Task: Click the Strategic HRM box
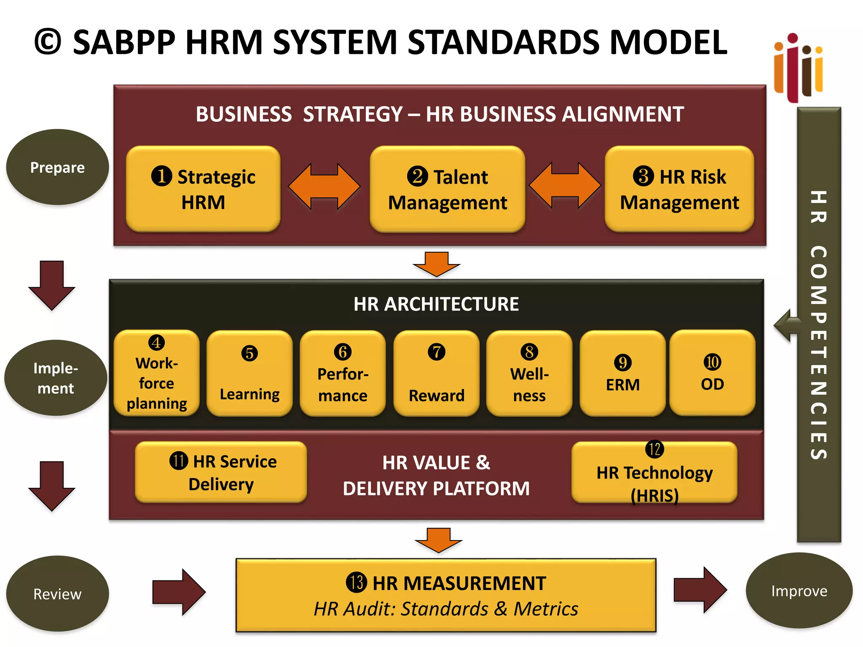[x=203, y=189]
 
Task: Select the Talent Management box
[x=448, y=189]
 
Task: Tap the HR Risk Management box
[x=679, y=189]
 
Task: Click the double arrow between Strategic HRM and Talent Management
[x=324, y=186]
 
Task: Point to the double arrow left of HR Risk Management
[x=565, y=185]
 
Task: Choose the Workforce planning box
[x=157, y=373]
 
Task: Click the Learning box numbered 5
[x=249, y=373]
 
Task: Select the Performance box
[x=343, y=373]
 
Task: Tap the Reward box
[x=436, y=373]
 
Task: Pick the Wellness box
[x=529, y=373]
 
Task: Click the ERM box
[x=622, y=373]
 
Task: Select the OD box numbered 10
[x=712, y=373]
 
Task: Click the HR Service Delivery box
[x=221, y=472]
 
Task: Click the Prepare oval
[x=57, y=167]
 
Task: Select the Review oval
[x=57, y=594]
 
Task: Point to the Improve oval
[x=799, y=591]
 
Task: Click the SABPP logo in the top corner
[x=798, y=67]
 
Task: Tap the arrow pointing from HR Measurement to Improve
[x=700, y=590]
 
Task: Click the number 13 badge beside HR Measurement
[x=356, y=583]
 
